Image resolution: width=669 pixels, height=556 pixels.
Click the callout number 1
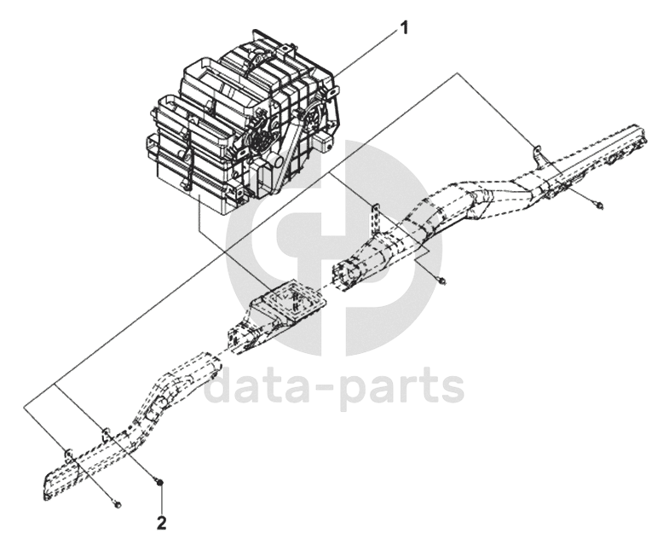404,27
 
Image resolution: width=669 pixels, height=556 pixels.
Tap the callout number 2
160,522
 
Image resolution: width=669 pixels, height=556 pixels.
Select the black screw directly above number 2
159,484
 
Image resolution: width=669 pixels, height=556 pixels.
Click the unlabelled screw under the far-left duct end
118,506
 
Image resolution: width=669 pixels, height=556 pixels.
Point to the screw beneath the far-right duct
600,206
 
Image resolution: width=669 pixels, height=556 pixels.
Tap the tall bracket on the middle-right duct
372,213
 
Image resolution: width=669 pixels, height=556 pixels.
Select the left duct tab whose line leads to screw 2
105,432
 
